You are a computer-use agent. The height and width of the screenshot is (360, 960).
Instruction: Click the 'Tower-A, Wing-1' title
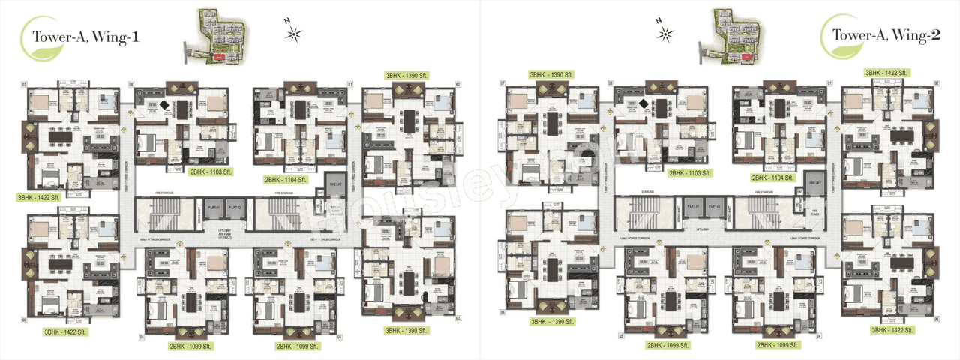tap(82, 35)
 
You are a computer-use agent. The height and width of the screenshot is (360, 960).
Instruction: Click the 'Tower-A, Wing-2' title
tap(880, 35)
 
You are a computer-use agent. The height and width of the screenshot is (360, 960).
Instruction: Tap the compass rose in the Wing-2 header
tap(664, 32)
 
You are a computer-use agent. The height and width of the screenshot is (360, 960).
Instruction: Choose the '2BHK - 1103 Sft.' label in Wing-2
tap(691, 173)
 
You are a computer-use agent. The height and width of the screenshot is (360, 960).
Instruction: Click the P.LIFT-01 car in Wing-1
tap(212, 207)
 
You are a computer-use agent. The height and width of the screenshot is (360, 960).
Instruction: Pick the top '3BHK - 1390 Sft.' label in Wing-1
tap(406, 76)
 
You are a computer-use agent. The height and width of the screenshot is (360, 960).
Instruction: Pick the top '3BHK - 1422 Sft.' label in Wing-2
tap(888, 73)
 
